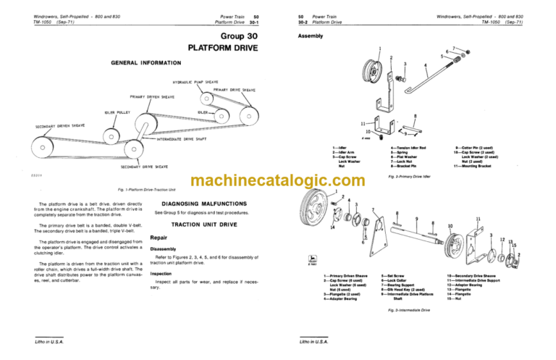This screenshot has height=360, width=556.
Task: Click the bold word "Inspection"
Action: (x=160, y=274)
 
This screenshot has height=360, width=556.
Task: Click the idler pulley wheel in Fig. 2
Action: (x=376, y=72)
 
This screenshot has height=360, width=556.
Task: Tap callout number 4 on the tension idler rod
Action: (x=426, y=64)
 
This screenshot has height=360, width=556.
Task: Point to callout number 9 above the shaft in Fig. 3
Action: (x=416, y=218)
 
